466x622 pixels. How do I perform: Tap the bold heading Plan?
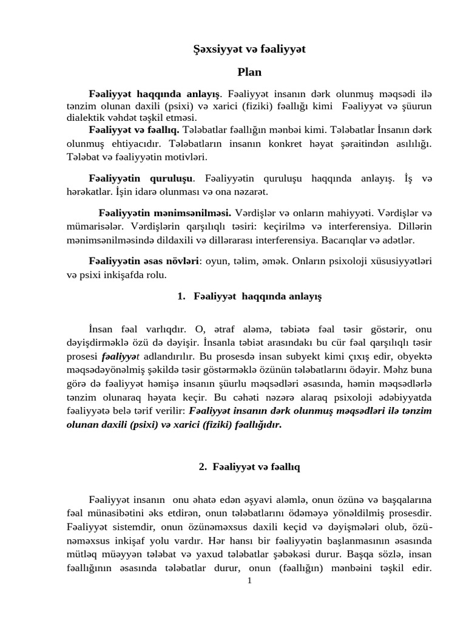click(x=249, y=72)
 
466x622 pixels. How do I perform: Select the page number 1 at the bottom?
click(x=249, y=581)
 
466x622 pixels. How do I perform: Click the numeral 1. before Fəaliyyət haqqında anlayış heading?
click(x=181, y=296)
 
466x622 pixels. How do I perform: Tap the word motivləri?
click(x=186, y=157)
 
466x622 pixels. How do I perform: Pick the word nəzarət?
click(x=249, y=192)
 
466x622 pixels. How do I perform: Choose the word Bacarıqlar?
click(x=351, y=239)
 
